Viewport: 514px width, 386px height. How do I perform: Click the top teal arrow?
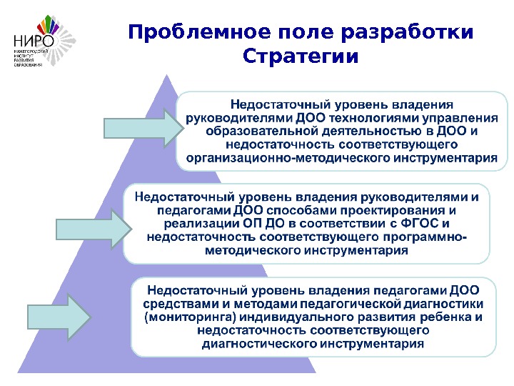(139, 127)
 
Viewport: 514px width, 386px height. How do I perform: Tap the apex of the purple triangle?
(166, 73)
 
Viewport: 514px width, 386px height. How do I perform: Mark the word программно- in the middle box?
(430, 237)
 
